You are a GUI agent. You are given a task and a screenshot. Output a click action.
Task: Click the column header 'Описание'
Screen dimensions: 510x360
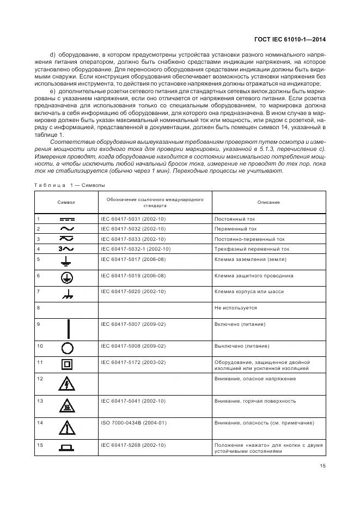tap(269, 202)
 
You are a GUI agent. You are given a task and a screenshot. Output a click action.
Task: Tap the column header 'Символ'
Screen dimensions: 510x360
tap(66, 202)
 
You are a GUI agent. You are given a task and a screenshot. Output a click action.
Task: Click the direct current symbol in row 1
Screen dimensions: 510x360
tap(68, 219)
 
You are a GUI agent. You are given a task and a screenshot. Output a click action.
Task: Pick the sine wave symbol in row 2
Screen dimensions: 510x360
tap(68, 229)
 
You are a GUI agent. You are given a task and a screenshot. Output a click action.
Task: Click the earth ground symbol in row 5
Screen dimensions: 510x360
tap(68, 262)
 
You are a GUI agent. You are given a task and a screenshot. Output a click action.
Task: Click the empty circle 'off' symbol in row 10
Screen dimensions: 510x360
tap(68, 348)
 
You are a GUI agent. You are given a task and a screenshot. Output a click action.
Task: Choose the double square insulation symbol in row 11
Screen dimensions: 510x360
tap(68, 364)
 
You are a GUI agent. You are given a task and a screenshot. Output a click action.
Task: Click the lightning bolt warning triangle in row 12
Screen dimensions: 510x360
tap(68, 384)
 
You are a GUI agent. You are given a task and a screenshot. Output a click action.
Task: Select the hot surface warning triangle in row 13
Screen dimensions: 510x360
tap(68, 405)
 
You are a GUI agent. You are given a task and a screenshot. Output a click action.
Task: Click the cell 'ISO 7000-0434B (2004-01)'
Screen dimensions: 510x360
tap(134, 422)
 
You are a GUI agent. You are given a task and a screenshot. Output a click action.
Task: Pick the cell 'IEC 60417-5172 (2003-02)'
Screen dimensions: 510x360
tap(134, 362)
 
